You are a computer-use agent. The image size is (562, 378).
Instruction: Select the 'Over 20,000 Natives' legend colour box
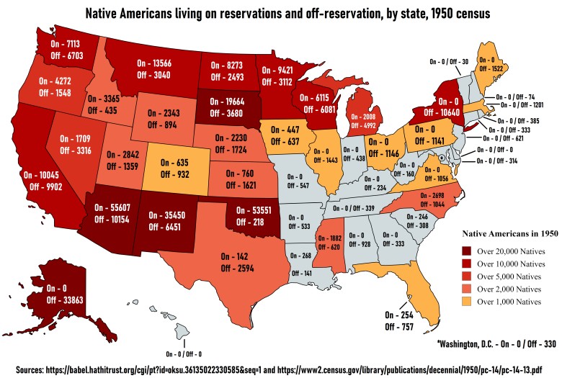tap(468, 251)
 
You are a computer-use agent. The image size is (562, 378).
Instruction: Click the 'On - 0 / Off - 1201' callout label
tap(520, 106)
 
